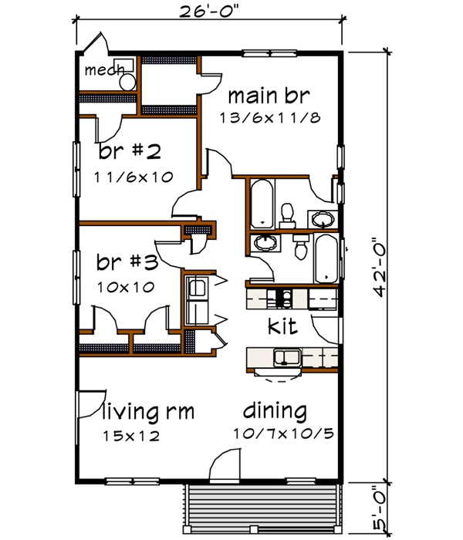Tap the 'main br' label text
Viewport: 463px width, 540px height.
(269, 96)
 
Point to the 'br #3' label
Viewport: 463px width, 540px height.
(127, 262)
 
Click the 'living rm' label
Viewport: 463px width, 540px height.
(148, 411)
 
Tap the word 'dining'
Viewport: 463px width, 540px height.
(275, 411)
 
